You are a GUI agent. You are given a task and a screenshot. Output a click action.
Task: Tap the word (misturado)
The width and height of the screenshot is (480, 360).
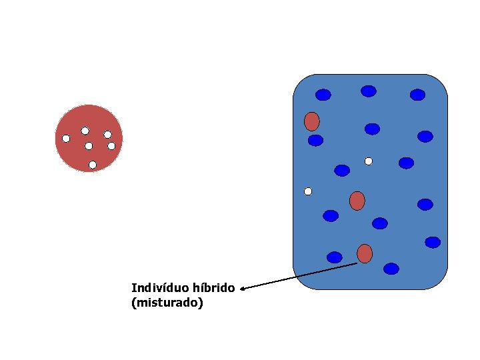pos(167,303)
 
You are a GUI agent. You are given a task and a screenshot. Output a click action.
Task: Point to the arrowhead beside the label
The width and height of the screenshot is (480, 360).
pos(243,289)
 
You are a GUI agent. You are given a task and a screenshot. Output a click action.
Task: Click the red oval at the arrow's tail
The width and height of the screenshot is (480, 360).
pos(364,253)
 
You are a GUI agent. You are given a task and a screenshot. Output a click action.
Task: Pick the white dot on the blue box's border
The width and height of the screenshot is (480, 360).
pos(308,191)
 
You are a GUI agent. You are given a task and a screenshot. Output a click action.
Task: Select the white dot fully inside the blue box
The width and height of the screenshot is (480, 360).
pos(369,161)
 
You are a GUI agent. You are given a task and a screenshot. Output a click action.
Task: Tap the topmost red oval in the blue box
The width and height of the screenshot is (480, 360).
pos(311,121)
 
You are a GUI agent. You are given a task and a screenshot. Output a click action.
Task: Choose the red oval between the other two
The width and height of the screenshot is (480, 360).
pos(357,200)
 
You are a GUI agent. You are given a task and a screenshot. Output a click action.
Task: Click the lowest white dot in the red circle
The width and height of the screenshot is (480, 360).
pos(93,164)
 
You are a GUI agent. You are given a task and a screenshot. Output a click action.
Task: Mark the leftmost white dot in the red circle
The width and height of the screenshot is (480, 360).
pos(66,139)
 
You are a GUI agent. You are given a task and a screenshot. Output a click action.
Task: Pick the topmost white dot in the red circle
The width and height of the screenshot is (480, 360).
pos(85,131)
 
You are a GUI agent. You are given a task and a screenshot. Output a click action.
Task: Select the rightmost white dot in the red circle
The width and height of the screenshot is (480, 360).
pos(111,145)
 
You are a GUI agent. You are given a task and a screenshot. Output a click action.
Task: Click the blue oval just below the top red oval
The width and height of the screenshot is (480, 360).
pos(315,140)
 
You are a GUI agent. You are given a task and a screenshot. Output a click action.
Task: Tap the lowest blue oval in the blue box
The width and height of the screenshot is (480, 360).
pos(391,269)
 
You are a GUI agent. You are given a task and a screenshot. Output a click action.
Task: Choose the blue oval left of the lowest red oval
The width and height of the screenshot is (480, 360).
pos(335,257)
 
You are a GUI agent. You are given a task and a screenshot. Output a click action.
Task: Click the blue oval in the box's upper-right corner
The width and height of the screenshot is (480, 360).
pos(417,95)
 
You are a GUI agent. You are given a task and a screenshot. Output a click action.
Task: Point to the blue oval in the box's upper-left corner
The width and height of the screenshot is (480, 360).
pos(323,95)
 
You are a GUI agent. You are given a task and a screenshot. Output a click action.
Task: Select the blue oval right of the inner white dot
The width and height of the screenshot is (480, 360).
pos(406,163)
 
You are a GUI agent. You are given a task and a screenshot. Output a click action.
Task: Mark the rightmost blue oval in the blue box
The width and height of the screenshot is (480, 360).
pos(433,242)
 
